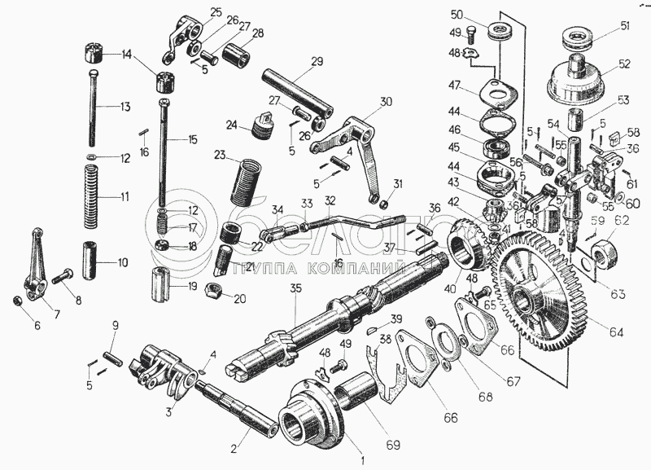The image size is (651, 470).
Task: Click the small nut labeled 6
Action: click(x=16, y=302)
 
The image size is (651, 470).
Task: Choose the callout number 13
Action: click(x=125, y=107)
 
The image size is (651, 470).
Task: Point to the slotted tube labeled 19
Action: click(x=162, y=285)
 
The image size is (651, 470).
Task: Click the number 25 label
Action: click(x=216, y=11)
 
